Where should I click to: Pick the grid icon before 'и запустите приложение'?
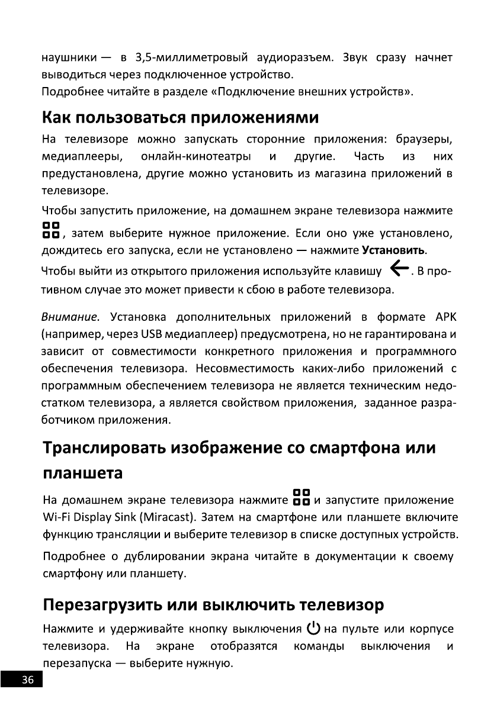tap(301, 498)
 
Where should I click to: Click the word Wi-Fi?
tap(56, 518)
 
